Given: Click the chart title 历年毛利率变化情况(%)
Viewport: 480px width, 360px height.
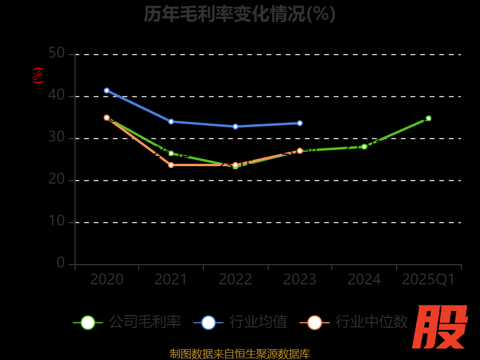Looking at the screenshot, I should [x=239, y=14].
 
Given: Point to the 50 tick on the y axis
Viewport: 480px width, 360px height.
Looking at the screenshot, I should [x=56, y=53].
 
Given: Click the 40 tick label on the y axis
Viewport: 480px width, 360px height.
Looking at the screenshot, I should [x=56, y=95].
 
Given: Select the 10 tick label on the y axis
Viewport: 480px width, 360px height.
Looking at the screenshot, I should [x=56, y=221].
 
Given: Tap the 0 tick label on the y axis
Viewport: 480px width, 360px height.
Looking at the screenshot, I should [x=61, y=263].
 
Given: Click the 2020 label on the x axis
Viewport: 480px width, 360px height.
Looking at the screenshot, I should [x=107, y=280].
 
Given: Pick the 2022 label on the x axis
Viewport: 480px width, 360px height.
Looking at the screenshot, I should [x=235, y=280].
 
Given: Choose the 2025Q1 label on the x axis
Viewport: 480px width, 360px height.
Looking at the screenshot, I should [x=428, y=280].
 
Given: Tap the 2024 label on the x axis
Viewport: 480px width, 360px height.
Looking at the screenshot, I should [x=364, y=280].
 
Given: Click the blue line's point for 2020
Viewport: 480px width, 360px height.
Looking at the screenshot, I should [x=107, y=91].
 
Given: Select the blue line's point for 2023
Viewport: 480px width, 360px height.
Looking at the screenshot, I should [x=300, y=123].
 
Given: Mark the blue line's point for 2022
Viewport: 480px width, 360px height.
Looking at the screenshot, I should [x=235, y=127].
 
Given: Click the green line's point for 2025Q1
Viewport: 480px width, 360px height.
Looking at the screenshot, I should [x=428, y=118].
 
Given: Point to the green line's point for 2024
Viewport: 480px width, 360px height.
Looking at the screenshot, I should [x=364, y=146].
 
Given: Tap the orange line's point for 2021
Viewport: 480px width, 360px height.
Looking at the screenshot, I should [x=171, y=165].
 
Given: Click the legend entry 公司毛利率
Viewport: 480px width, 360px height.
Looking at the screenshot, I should [x=127, y=322].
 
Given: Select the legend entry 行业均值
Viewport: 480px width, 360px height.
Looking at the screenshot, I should [x=241, y=322].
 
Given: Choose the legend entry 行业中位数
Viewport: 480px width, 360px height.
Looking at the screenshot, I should [x=354, y=322].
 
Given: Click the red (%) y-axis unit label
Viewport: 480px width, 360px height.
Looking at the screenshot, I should [x=38, y=76].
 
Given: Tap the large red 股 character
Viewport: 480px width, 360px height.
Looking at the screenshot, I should [x=440, y=327].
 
